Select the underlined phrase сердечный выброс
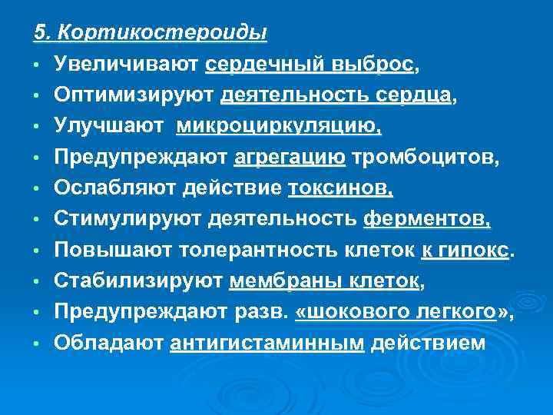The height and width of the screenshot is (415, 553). click(310, 65)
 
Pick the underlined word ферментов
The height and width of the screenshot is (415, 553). click(426, 219)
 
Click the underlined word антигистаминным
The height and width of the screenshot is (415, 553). click(267, 342)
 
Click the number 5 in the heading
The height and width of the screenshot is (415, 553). click(39, 32)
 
